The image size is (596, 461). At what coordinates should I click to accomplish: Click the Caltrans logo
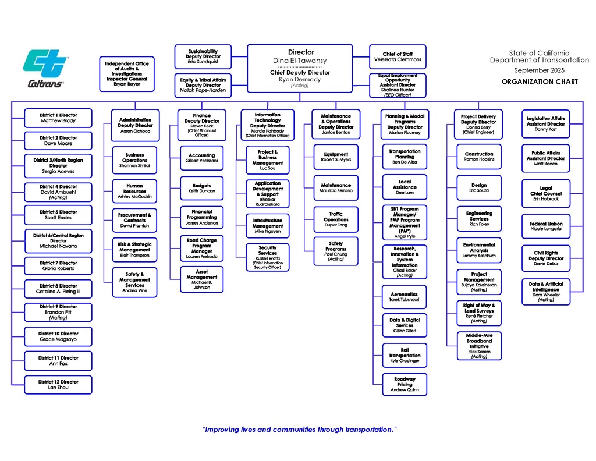point(46,68)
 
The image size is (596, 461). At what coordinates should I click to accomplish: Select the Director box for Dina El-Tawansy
point(300,56)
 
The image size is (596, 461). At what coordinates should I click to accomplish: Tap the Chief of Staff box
point(398,56)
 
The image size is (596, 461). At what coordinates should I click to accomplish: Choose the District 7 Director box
point(58,266)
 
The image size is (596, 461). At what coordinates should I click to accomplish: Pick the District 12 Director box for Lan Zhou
point(58,385)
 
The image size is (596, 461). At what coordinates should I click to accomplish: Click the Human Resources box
point(134,192)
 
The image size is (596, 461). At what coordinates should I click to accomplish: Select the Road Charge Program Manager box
point(202,248)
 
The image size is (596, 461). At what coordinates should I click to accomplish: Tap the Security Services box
point(268,257)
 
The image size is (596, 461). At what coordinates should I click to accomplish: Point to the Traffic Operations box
point(336,219)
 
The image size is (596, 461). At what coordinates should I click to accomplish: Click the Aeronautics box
point(405,297)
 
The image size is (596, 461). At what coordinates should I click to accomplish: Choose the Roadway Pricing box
point(405,385)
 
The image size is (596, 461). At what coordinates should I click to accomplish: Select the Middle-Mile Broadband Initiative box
point(479,346)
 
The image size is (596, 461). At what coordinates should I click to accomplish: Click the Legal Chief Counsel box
point(545,194)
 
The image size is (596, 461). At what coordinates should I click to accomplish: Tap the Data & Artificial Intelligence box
point(545,292)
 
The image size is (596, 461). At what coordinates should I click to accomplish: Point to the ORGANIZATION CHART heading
point(540,82)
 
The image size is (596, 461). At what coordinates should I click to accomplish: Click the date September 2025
point(540,70)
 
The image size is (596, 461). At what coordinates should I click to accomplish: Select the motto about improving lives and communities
point(299,430)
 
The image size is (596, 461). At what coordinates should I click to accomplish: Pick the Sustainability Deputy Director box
point(203,56)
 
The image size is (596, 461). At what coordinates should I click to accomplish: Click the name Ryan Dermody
point(300,79)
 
